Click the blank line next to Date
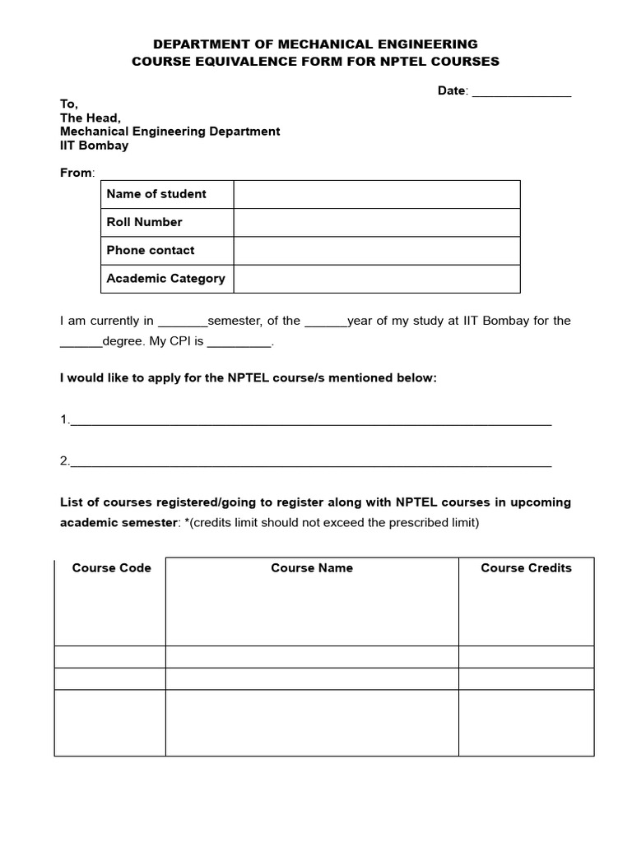521,92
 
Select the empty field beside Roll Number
377,223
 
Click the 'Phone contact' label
151,250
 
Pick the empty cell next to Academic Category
377,279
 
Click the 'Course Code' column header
111,568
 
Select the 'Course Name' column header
312,568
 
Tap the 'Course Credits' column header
526,568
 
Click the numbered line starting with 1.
310,420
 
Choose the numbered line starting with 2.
310,461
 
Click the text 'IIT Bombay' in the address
94,146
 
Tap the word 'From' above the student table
77,173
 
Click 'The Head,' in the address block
90,118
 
